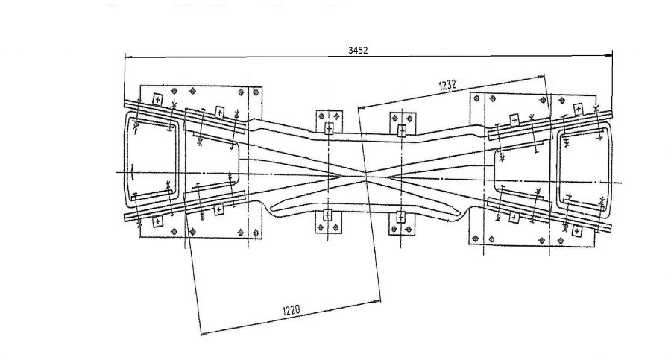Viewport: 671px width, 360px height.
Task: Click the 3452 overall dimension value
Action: tap(359, 51)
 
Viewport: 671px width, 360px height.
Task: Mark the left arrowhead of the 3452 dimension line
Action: tap(127, 56)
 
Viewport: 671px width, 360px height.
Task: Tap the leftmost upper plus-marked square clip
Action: tap(157, 99)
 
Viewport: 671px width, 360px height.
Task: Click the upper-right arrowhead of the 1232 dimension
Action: tap(543, 75)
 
